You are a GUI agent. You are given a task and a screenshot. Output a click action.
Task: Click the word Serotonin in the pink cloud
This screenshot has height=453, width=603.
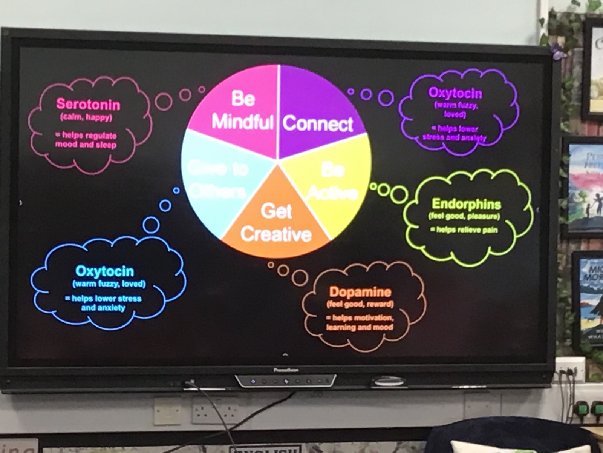(x=88, y=104)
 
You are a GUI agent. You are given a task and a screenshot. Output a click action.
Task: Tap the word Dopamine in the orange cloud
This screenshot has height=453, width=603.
(x=360, y=292)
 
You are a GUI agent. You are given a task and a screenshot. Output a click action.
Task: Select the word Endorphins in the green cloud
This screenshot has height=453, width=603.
(x=466, y=204)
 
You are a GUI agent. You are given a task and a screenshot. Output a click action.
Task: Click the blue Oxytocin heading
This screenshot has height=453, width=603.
(x=104, y=271)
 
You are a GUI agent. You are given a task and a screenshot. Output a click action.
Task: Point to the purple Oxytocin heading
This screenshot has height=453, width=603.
(x=455, y=93)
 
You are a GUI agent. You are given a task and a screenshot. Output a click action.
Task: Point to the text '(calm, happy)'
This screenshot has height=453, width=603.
(x=86, y=117)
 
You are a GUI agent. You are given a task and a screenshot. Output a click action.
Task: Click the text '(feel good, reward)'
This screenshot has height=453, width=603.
(x=360, y=304)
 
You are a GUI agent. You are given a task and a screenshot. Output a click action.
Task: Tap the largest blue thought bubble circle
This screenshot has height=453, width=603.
(x=151, y=225)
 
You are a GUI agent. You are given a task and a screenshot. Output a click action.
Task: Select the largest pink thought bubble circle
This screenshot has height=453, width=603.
(x=163, y=101)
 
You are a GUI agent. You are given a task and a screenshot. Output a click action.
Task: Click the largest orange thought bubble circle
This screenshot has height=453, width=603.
(x=300, y=277)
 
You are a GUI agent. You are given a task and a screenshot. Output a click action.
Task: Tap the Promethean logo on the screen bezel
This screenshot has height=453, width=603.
(x=285, y=370)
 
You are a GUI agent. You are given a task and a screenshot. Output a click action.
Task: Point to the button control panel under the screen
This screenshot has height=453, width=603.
(x=285, y=381)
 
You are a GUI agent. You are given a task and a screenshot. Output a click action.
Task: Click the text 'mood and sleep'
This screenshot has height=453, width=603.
(x=86, y=145)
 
